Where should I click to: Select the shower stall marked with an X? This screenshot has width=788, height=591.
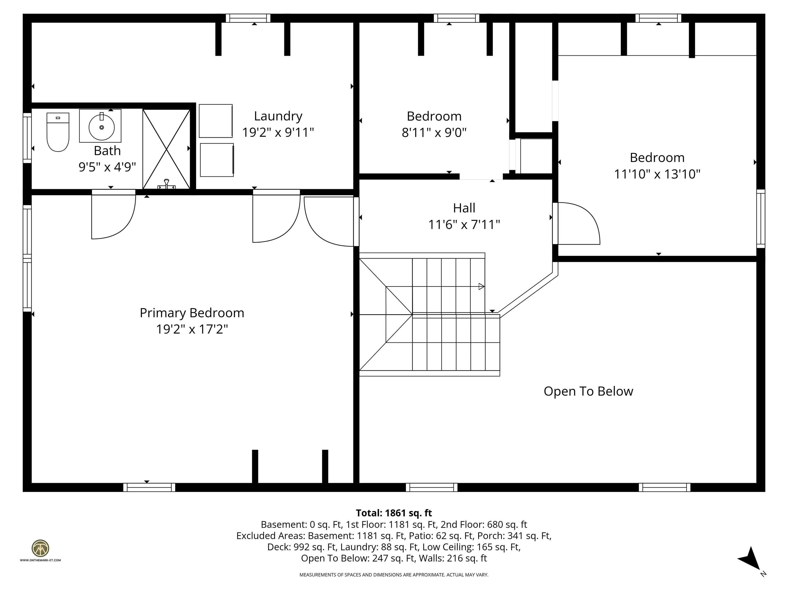[166, 149]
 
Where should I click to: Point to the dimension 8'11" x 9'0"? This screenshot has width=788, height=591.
[434, 133]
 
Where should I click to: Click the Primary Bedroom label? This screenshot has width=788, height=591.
[192, 313]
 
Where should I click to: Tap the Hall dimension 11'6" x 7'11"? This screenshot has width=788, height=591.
[464, 225]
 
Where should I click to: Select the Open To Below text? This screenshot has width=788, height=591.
[588, 391]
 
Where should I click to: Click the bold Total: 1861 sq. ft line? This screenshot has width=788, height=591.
[394, 513]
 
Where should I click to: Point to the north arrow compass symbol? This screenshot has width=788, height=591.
[751, 560]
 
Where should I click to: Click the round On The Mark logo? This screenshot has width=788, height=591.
[40, 548]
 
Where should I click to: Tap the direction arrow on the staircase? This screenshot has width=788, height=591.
[481, 287]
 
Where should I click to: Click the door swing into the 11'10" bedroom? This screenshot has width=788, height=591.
[577, 224]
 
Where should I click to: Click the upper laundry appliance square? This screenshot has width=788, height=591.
[215, 121]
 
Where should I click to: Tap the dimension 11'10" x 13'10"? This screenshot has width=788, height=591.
[657, 174]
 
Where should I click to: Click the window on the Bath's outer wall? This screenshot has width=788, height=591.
[27, 138]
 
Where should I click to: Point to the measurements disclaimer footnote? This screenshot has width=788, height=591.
[394, 575]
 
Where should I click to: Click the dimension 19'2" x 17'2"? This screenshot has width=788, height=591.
[192, 329]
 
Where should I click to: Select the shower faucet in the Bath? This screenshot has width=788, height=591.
[166, 184]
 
